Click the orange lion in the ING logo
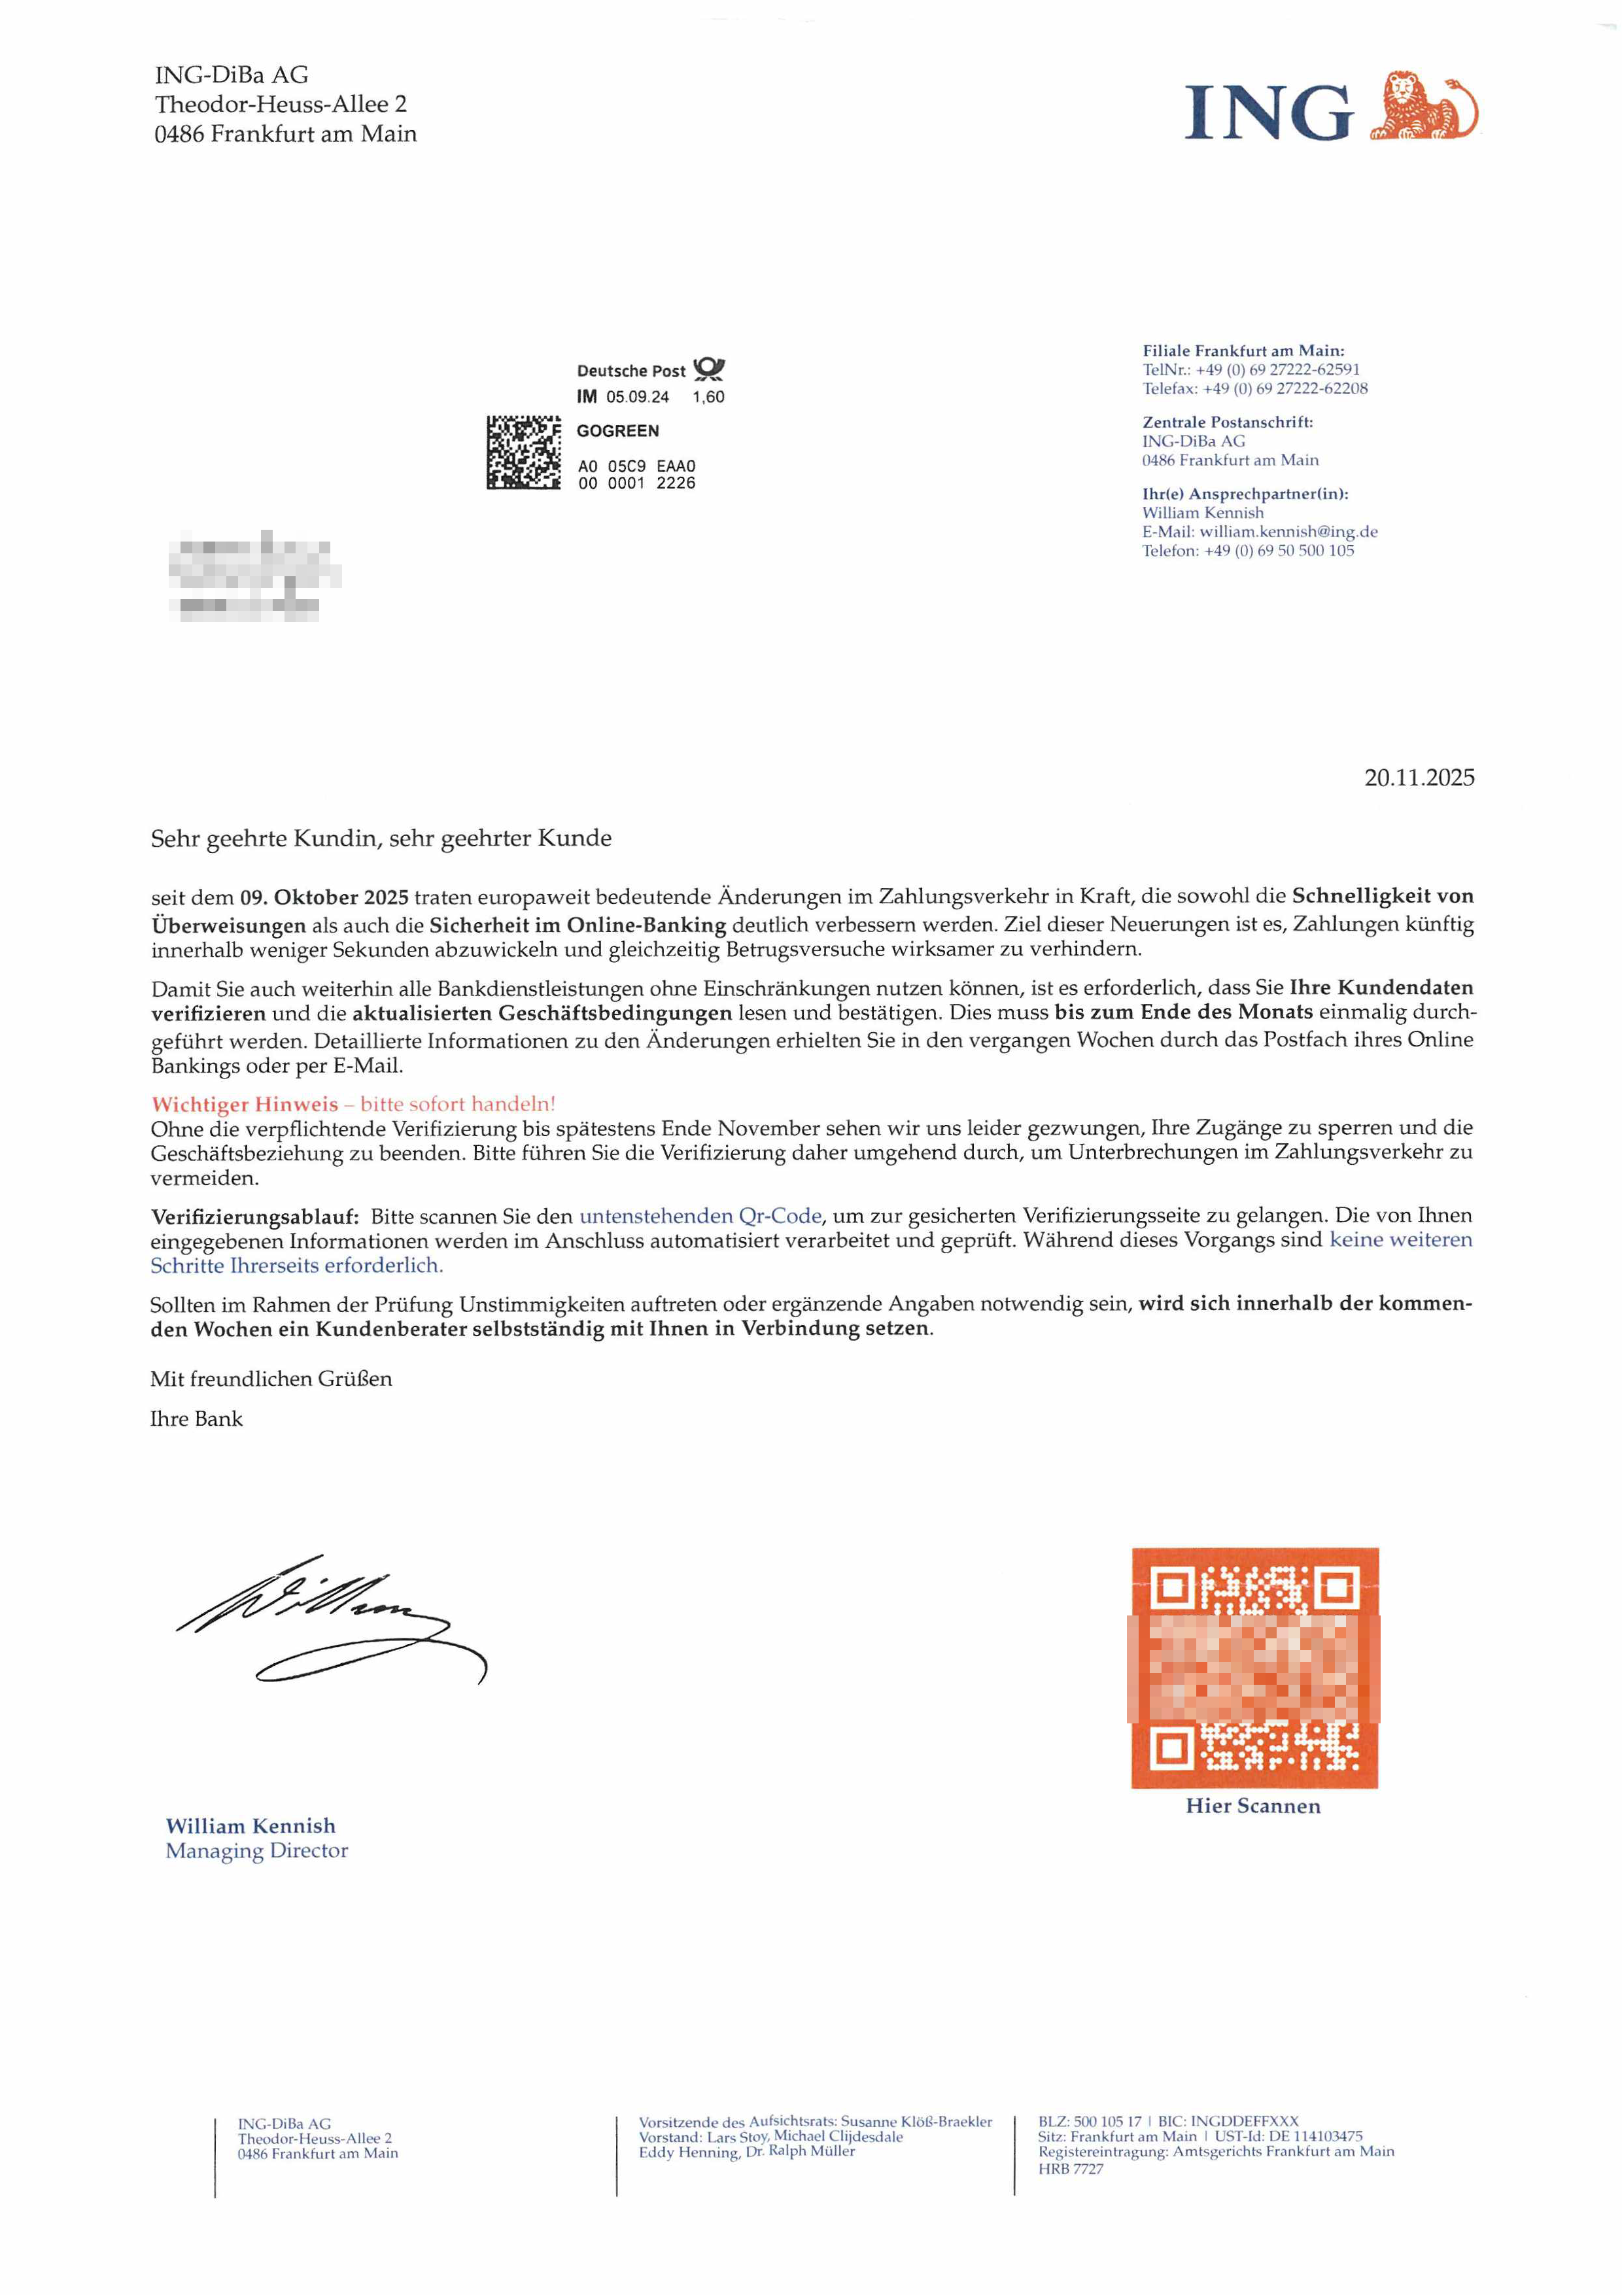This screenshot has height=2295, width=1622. pyautogui.click(x=1421, y=106)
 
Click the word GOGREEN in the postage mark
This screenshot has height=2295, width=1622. pyautogui.click(x=617, y=431)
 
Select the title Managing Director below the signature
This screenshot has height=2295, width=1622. pyautogui.click(x=257, y=1851)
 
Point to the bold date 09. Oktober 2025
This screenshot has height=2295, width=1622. pyautogui.click(x=324, y=897)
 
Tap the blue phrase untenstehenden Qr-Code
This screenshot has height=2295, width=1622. pyautogui.click(x=700, y=1217)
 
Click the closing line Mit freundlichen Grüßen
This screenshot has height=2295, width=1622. pyautogui.click(x=271, y=1379)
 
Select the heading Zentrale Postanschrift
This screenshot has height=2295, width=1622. pyautogui.click(x=1227, y=422)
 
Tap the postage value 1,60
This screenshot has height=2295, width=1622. pyautogui.click(x=708, y=397)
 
